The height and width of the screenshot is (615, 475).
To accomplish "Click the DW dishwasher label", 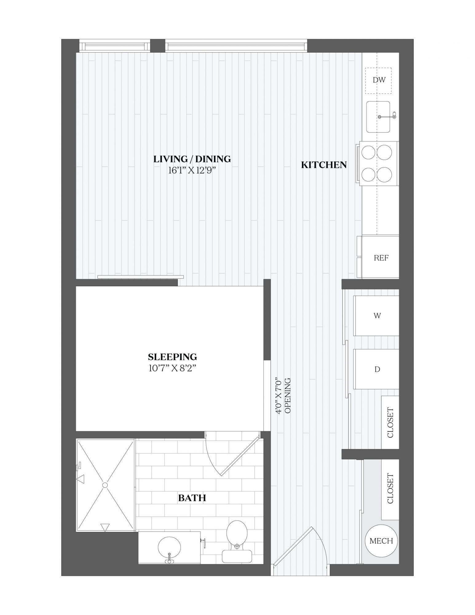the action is click(379, 80).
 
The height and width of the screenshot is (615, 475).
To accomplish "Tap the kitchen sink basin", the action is click(378, 117).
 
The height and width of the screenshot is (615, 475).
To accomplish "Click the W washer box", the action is click(376, 316).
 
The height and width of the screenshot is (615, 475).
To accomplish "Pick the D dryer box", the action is click(376, 369).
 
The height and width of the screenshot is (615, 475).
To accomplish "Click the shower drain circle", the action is click(105, 485).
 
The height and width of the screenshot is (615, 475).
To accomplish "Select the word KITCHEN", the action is click(324, 165).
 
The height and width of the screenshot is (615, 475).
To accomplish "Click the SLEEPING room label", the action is click(172, 357).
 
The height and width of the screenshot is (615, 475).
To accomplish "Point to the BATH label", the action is click(192, 498).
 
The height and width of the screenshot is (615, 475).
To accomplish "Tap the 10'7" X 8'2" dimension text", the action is click(172, 368).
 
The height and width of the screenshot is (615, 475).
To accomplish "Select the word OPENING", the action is click(288, 395).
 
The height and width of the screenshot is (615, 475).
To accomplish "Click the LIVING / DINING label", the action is click(192, 159).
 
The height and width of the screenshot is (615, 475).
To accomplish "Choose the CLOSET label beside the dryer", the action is click(390, 423).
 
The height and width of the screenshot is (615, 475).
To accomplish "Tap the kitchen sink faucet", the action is click(388, 117).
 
